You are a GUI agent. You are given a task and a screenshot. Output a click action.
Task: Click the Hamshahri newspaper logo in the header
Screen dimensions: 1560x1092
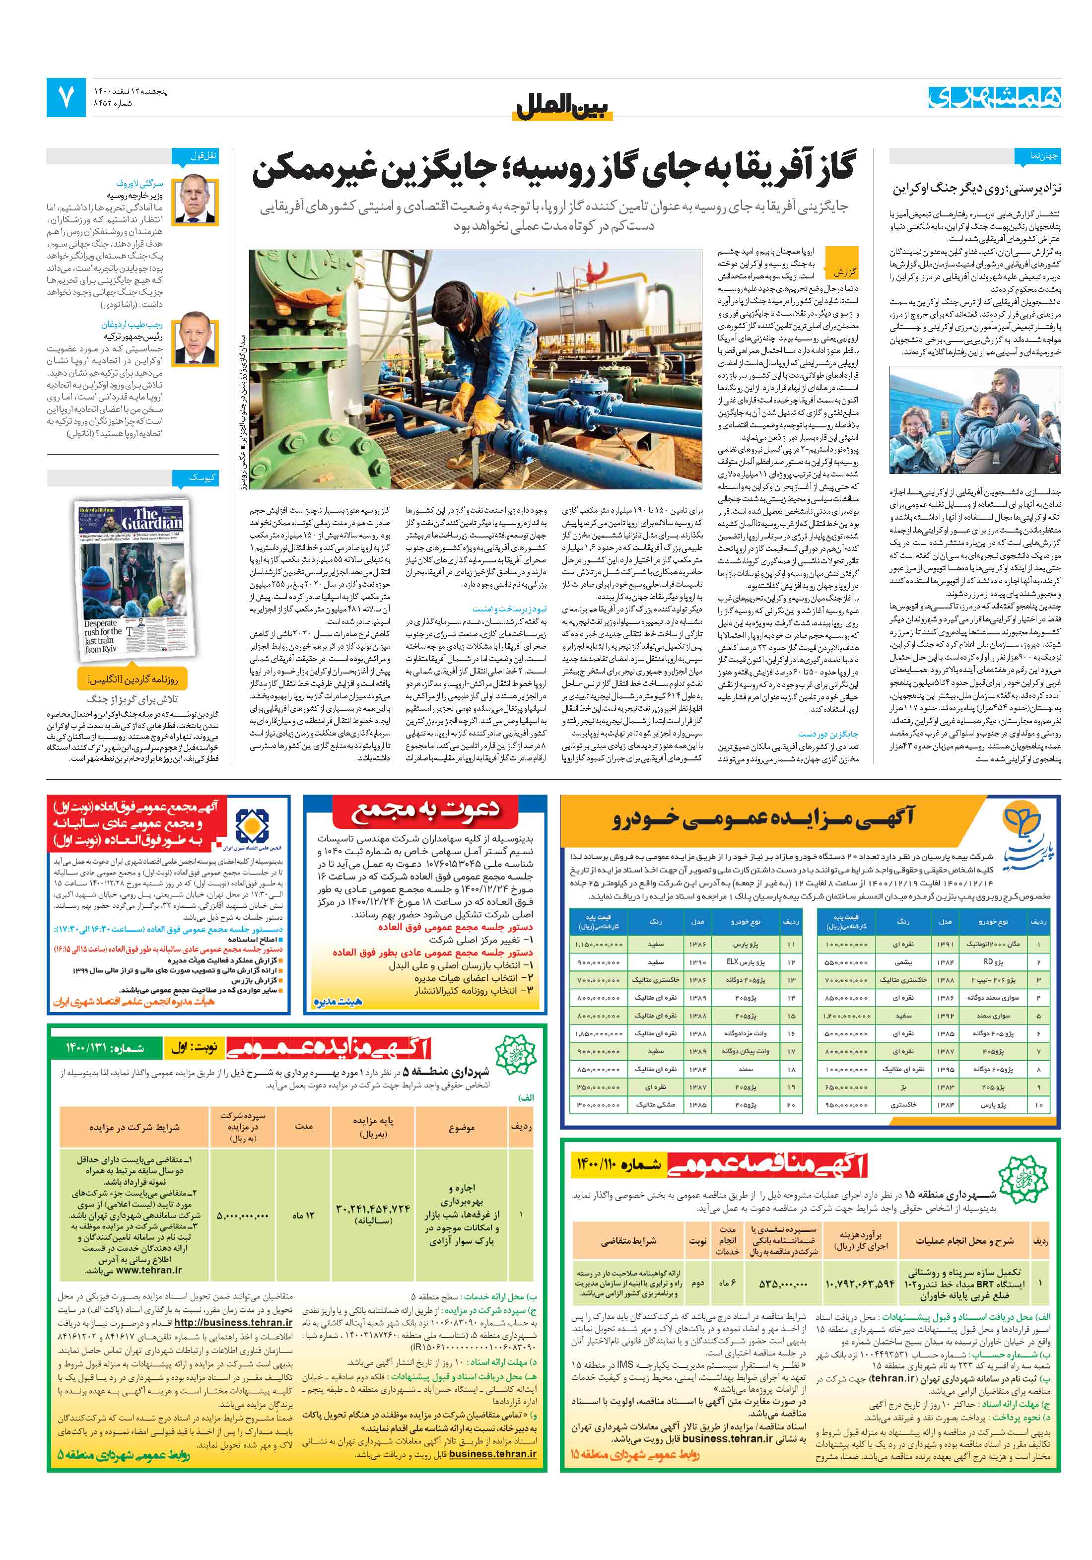(994, 97)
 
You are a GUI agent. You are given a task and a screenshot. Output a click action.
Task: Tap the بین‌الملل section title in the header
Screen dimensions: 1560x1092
(563, 107)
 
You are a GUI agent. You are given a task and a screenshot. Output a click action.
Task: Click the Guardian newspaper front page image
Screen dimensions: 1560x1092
(133, 578)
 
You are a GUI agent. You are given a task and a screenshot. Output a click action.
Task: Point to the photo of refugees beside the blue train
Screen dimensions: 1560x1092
(974, 420)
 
